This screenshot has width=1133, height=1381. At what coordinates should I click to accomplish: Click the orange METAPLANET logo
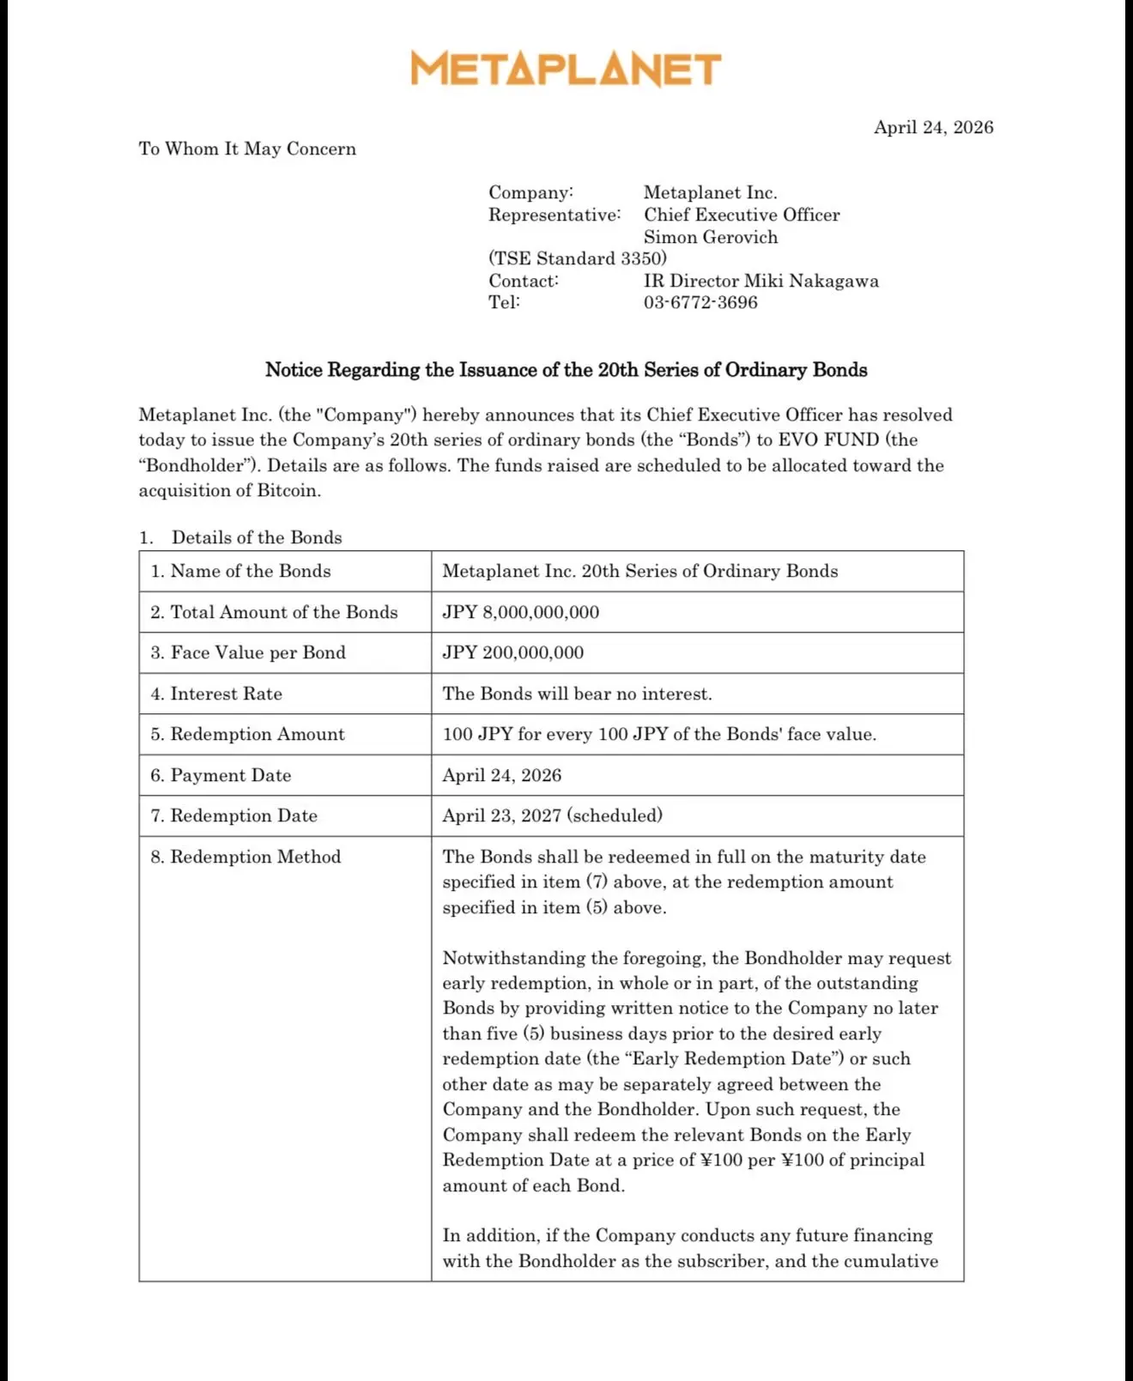coord(566,69)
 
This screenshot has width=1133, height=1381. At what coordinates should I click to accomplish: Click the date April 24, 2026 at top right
coord(933,127)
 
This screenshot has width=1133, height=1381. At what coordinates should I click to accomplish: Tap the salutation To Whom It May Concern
coord(247,148)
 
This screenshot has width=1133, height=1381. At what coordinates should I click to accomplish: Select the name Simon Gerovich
coord(711,237)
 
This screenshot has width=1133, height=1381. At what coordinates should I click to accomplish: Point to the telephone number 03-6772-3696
coord(700,302)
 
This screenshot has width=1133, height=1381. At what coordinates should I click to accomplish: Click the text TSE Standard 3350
coord(578,258)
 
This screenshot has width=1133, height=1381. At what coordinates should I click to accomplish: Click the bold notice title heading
coord(566,370)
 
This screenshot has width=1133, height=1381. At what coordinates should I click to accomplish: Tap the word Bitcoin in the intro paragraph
coord(288,490)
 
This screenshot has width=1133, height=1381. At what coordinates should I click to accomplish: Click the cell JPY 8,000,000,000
coord(521,612)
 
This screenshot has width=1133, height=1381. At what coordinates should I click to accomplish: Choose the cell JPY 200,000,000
coord(513,652)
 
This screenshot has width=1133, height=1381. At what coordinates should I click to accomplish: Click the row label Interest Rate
coord(226,694)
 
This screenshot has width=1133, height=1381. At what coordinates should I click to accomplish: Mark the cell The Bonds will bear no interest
coord(577,694)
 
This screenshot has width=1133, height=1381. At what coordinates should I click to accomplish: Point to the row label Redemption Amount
coord(257,734)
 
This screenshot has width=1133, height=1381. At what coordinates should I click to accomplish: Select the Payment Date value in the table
coord(502,775)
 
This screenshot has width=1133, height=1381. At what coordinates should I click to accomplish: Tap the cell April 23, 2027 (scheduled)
coord(552,815)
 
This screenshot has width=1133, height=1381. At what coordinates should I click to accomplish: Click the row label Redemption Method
coord(255,857)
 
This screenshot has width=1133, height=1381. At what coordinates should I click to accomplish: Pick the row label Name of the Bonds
coord(250,571)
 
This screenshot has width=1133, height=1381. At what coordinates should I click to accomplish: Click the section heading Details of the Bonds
coord(257,537)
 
